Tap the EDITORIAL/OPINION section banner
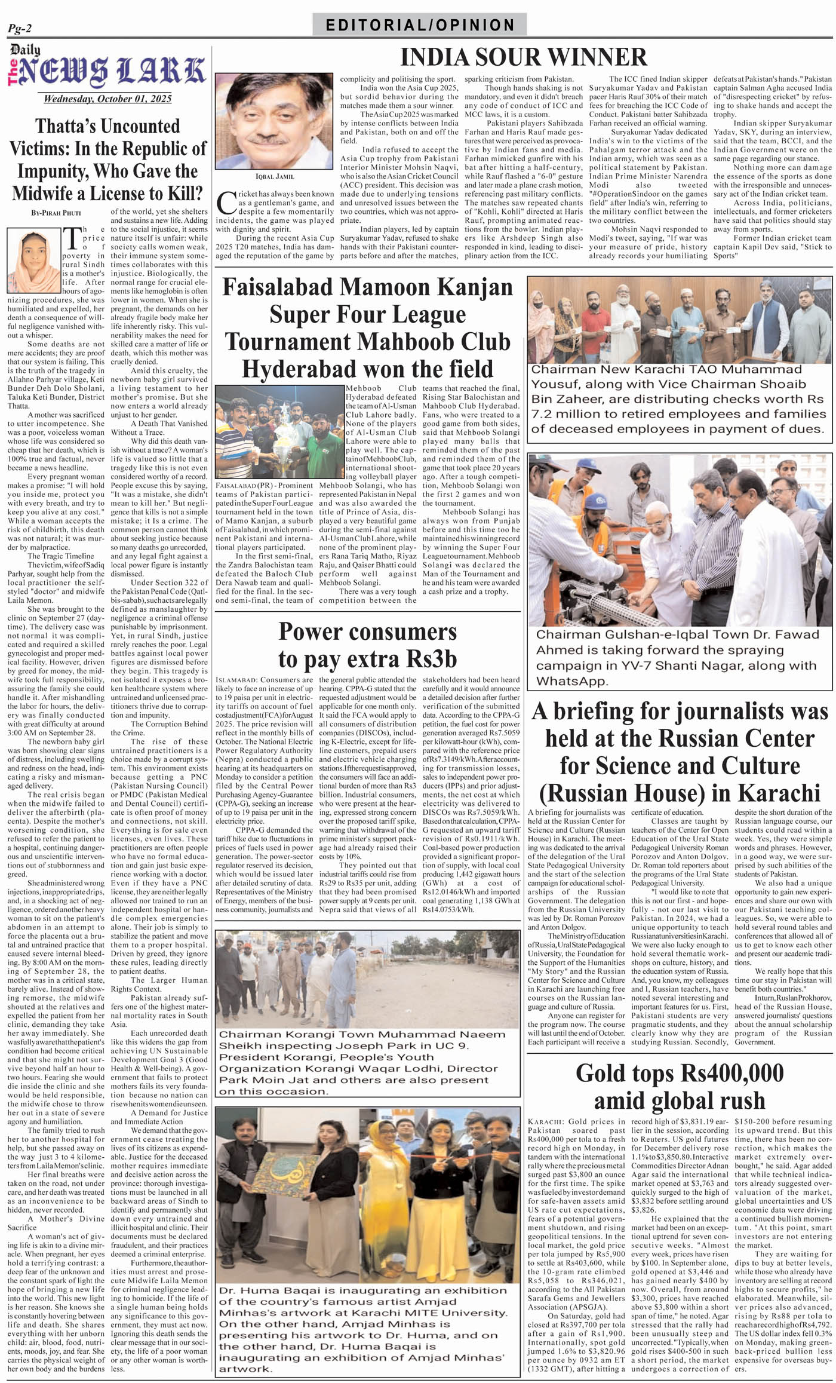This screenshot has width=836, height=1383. pyautogui.click(x=420, y=25)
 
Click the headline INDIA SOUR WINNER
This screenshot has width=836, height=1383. pyautogui.click(x=524, y=57)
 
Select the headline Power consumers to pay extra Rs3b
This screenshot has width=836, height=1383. pyautogui.click(x=367, y=646)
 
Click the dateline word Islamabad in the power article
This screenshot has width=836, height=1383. pyautogui.click(x=237, y=680)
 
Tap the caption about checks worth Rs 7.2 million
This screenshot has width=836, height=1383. pyautogui.click(x=678, y=399)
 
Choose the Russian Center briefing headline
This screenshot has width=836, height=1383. pyautogui.click(x=680, y=752)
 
